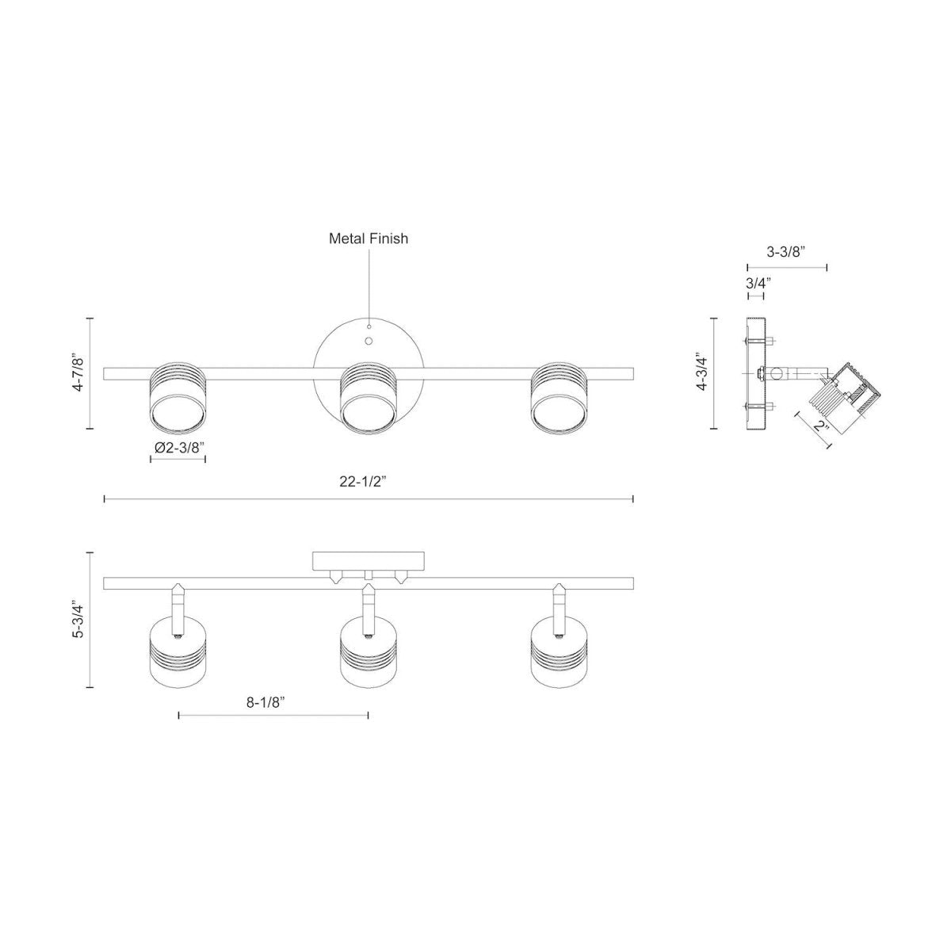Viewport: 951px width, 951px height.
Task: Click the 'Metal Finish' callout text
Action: pos(369,238)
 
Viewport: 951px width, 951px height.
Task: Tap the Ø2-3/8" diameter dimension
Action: pos(179,448)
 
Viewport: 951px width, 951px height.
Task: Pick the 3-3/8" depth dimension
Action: pos(786,252)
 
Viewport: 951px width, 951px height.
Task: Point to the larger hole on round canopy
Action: pos(369,341)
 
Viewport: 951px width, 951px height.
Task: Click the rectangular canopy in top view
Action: pos(369,562)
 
